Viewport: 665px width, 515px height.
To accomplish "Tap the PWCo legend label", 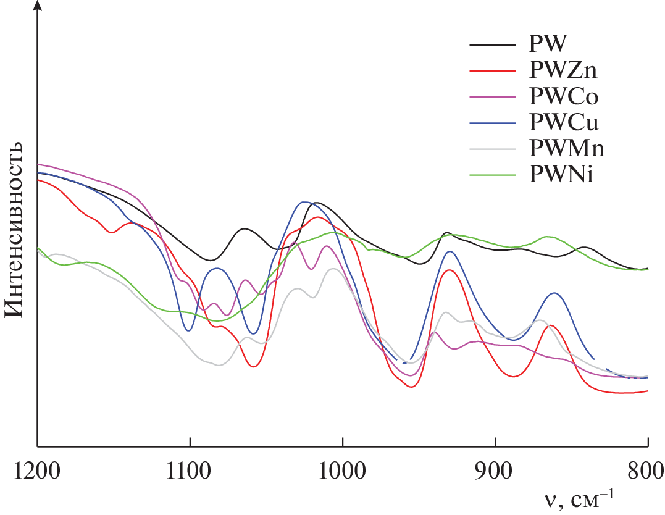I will coord(564,96).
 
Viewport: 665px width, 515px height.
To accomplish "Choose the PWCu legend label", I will coord(564,123).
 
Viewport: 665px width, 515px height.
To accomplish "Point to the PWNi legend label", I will coord(561,175).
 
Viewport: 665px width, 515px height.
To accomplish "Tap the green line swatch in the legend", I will coord(492,175).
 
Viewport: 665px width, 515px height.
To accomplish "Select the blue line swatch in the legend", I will coord(492,123).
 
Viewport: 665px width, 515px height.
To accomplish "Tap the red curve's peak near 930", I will coord(451,270).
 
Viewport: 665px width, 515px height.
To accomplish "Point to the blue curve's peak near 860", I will coord(554,293).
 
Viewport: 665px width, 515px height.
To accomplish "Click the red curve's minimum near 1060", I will coord(253,367).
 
